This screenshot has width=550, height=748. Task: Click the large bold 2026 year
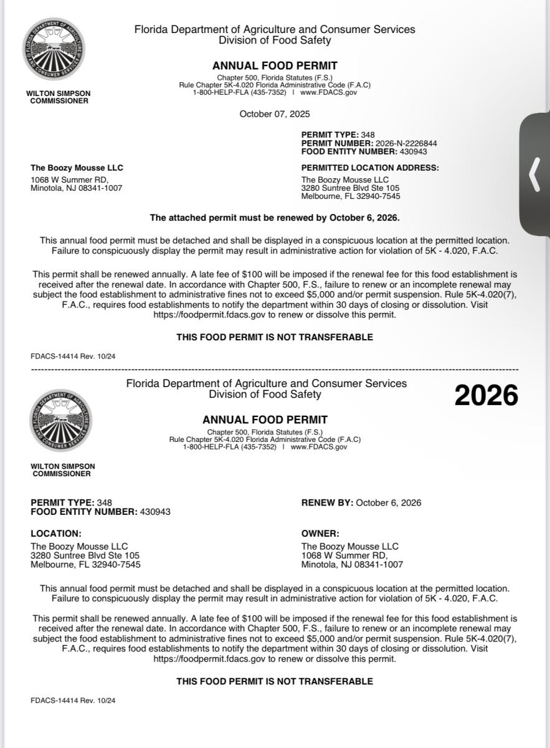(x=486, y=395)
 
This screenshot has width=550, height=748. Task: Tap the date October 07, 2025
(x=275, y=114)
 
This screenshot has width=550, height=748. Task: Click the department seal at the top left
(x=54, y=48)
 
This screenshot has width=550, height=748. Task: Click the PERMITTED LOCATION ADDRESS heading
(x=370, y=168)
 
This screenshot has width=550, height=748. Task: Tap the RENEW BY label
(x=327, y=503)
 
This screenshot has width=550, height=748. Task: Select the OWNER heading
(x=320, y=534)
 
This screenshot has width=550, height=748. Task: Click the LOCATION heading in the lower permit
(x=56, y=534)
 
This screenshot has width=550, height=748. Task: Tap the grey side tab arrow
(x=534, y=175)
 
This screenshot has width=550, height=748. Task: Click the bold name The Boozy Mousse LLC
(x=77, y=168)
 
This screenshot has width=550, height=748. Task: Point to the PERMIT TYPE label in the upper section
(x=330, y=135)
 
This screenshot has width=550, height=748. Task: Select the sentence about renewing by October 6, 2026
(x=275, y=218)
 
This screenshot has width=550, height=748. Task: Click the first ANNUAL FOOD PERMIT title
(x=275, y=65)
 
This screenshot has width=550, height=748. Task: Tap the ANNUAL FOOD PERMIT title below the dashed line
(x=265, y=420)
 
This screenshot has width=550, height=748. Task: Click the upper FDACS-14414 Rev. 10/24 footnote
(x=73, y=356)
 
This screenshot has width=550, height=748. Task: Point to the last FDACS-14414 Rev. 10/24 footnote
(x=73, y=700)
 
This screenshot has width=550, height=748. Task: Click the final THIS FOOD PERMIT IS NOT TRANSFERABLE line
(x=275, y=681)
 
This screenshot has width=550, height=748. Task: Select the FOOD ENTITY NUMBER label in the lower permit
(x=83, y=512)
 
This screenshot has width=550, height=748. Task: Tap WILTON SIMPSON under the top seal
(x=58, y=93)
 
